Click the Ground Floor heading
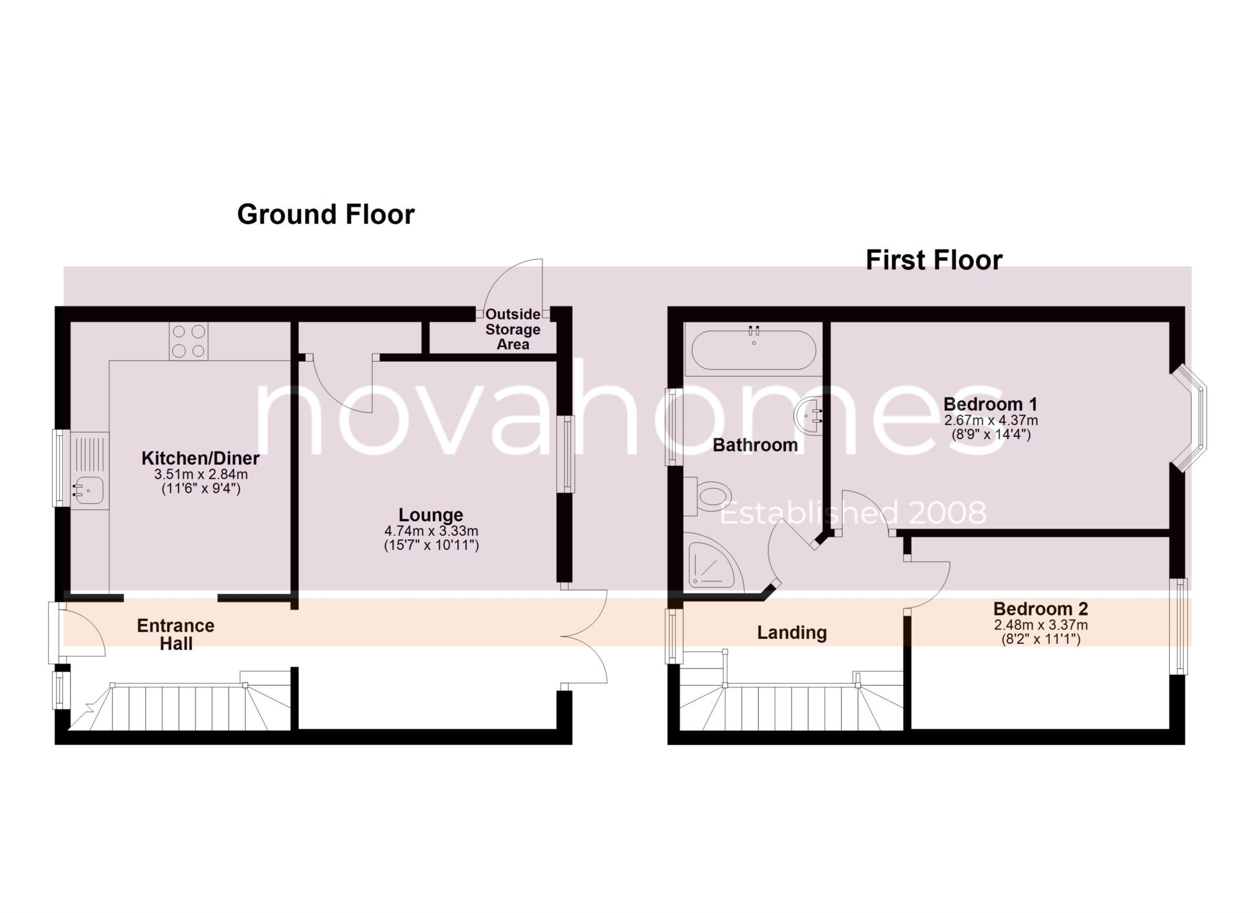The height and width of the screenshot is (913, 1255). tap(325, 215)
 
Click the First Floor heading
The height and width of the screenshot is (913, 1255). tap(934, 261)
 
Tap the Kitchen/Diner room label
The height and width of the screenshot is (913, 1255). tap(200, 458)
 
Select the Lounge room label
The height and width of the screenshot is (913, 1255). tap(431, 515)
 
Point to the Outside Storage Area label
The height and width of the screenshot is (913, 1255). tap(513, 329)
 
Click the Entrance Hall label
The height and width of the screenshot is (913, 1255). tap(176, 634)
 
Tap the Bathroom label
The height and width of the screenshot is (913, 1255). tap(755, 445)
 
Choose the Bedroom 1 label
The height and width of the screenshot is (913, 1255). tap(990, 405)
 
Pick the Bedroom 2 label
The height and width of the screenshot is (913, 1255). tap(1041, 609)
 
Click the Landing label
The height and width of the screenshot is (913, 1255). tap(792, 632)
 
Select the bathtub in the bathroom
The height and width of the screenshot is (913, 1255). tap(753, 350)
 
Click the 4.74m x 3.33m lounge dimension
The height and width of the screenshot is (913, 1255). tap(431, 531)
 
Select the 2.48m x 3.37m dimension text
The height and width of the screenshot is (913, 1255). tap(1041, 625)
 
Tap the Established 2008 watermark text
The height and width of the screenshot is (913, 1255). tap(852, 513)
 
